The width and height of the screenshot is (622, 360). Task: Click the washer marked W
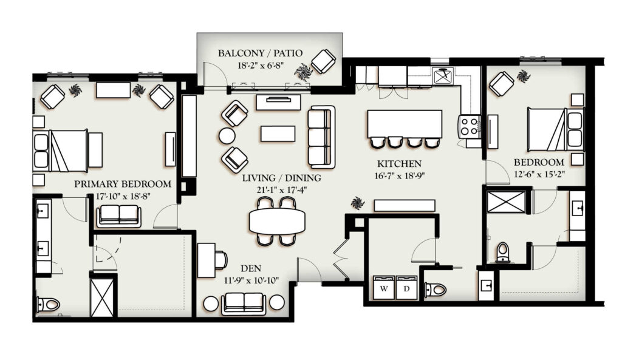(x=384, y=287)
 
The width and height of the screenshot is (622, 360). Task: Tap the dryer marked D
(x=406, y=287)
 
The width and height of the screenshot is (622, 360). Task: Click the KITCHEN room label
(x=399, y=163)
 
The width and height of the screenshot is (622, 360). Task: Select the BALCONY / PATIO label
(x=260, y=53)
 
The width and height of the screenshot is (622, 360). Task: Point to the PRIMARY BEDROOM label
(x=123, y=184)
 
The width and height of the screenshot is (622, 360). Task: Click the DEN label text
(x=251, y=268)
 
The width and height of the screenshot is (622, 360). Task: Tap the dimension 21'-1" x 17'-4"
(x=282, y=190)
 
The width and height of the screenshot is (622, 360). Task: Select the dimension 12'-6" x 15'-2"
(x=539, y=174)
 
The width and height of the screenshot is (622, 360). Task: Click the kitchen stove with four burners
(x=470, y=126)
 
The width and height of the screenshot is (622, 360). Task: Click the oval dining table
(x=277, y=222)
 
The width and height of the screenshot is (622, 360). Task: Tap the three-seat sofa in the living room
(x=321, y=137)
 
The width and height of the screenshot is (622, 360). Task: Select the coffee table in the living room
(x=278, y=134)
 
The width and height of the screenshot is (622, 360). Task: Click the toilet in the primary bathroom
(x=48, y=305)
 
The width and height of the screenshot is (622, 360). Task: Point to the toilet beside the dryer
(x=436, y=290)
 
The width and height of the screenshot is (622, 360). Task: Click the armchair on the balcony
(x=324, y=61)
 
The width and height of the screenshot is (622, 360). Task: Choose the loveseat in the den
(x=244, y=304)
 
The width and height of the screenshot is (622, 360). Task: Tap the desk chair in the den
(x=221, y=260)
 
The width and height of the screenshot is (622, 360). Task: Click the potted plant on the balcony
(x=304, y=72)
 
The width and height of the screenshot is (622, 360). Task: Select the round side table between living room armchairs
(x=227, y=136)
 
